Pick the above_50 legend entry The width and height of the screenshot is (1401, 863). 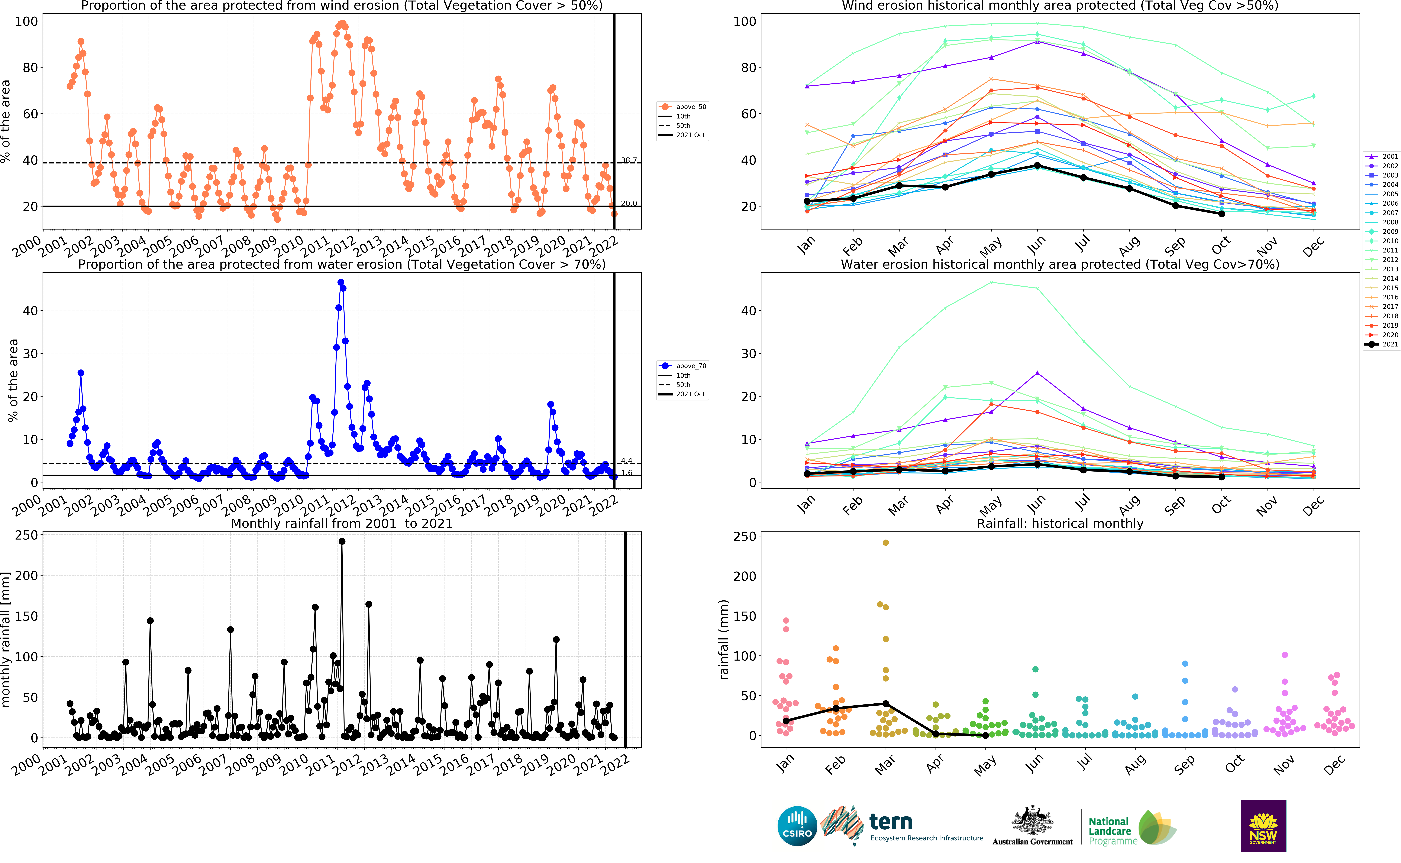pos(683,107)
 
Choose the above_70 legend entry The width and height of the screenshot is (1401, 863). pos(683,366)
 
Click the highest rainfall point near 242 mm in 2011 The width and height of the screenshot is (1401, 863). pos(342,542)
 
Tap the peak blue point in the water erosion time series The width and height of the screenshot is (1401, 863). pos(341,283)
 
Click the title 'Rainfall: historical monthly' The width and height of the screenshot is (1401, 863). pos(1060,523)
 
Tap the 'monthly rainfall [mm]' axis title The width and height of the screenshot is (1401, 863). pos(6,639)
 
